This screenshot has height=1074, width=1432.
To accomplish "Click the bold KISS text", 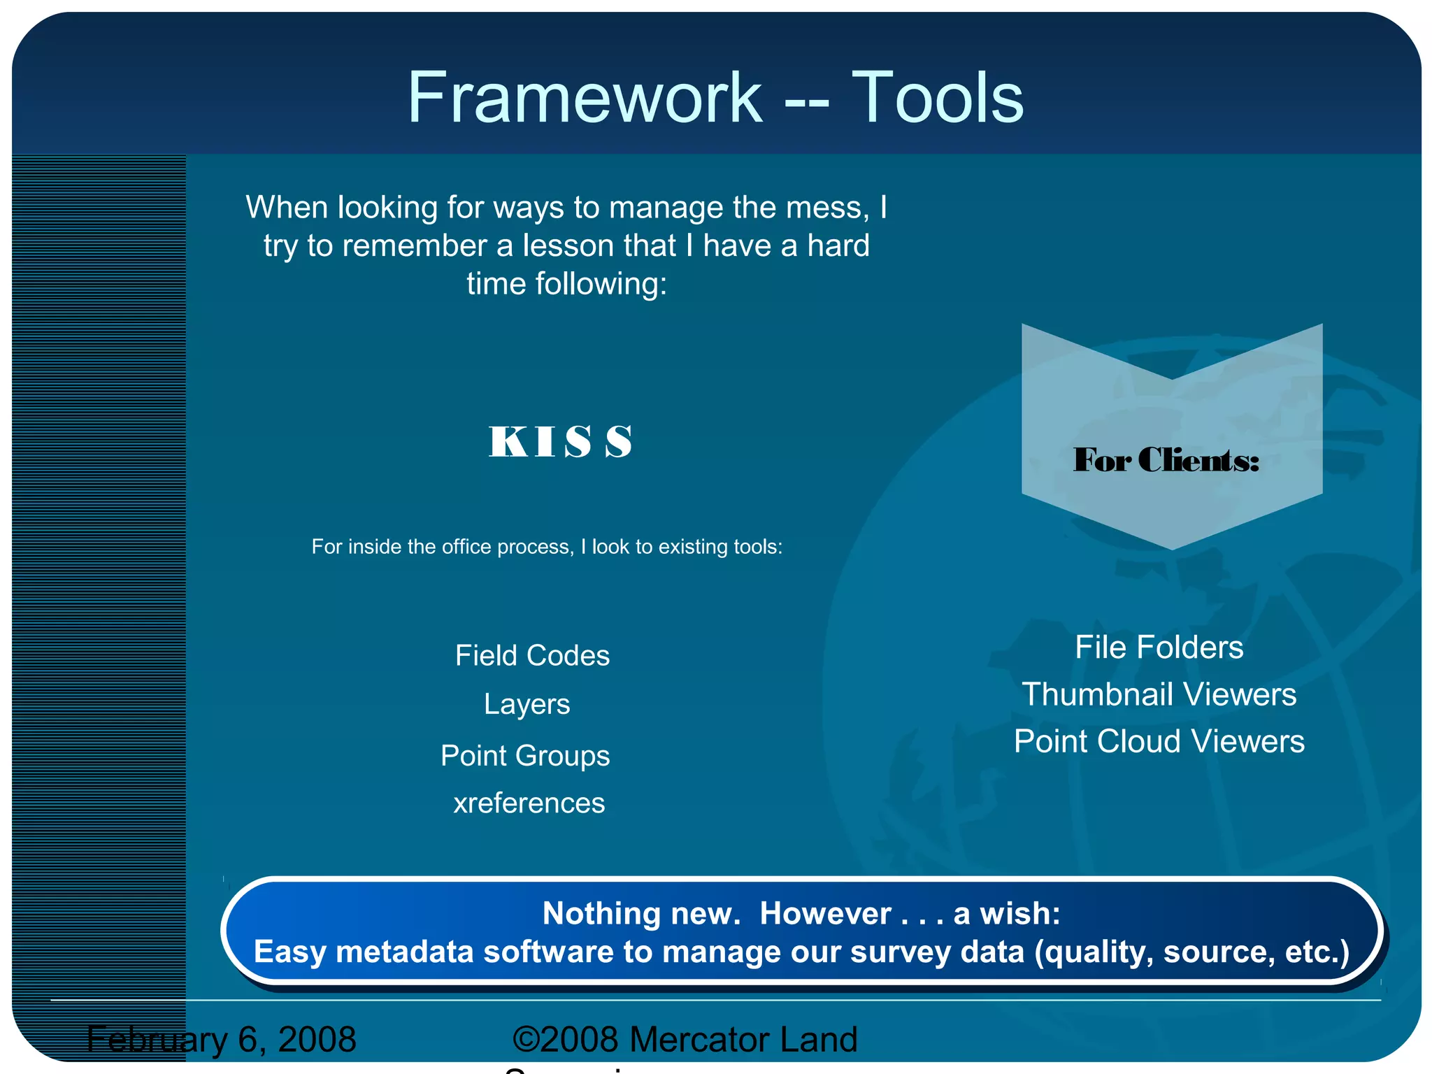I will pos(560,442).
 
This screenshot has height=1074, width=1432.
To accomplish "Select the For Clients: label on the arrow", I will pos(1166,460).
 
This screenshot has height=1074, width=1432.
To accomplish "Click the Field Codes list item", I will pos(532,656).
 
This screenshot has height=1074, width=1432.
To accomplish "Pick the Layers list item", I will pos(527,704).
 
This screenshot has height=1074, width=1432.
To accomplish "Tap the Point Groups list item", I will pos(525,756).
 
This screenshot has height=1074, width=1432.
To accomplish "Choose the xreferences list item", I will pos(529,803).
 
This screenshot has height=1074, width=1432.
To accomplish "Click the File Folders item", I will pos(1159,647).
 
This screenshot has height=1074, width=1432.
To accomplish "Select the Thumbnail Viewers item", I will pos(1159,694).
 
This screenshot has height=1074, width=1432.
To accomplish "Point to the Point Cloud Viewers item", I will pos(1159,741).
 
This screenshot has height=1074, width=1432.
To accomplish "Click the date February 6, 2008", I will pos(222,1040).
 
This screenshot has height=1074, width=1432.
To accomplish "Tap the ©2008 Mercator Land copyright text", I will pos(685,1040).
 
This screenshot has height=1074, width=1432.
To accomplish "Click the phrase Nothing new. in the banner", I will pos(641,914).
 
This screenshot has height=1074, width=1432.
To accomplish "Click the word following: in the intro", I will pos(601,284).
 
